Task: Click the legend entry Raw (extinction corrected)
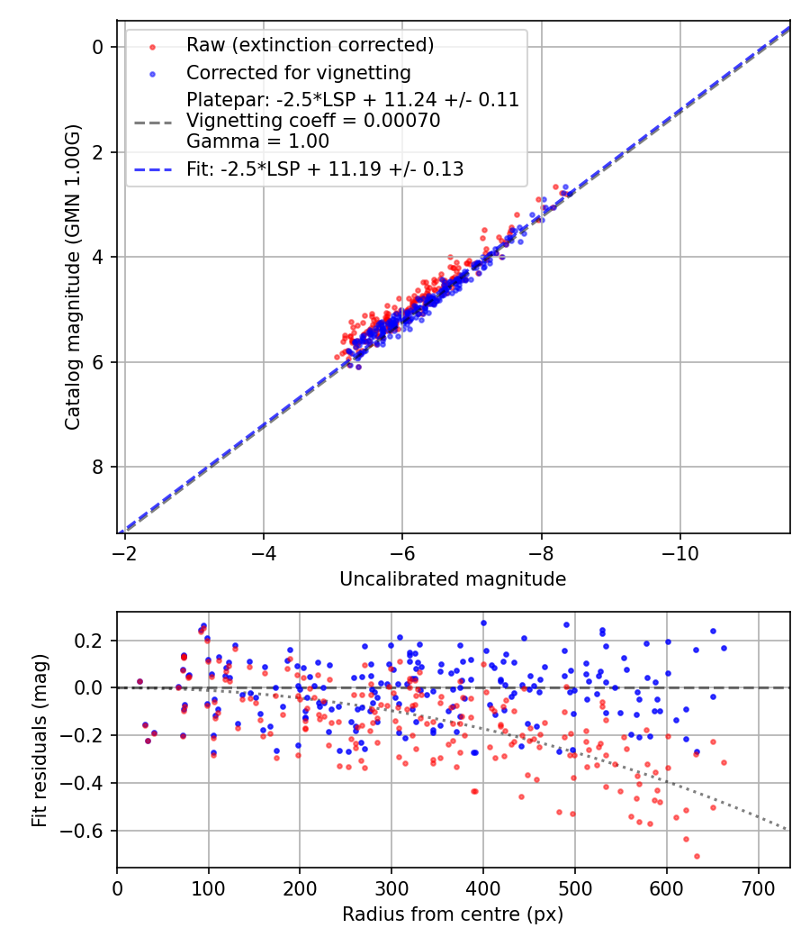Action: (x=310, y=45)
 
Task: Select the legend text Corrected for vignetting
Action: (x=298, y=73)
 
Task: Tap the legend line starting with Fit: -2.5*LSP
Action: (x=325, y=168)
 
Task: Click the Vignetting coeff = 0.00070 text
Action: (x=313, y=121)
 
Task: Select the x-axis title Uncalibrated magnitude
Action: (x=453, y=579)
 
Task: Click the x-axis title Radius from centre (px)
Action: (x=453, y=914)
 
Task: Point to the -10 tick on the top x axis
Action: (x=680, y=551)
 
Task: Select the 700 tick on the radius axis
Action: (x=759, y=887)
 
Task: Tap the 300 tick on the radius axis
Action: (x=391, y=887)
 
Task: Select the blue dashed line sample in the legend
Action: (x=153, y=169)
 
